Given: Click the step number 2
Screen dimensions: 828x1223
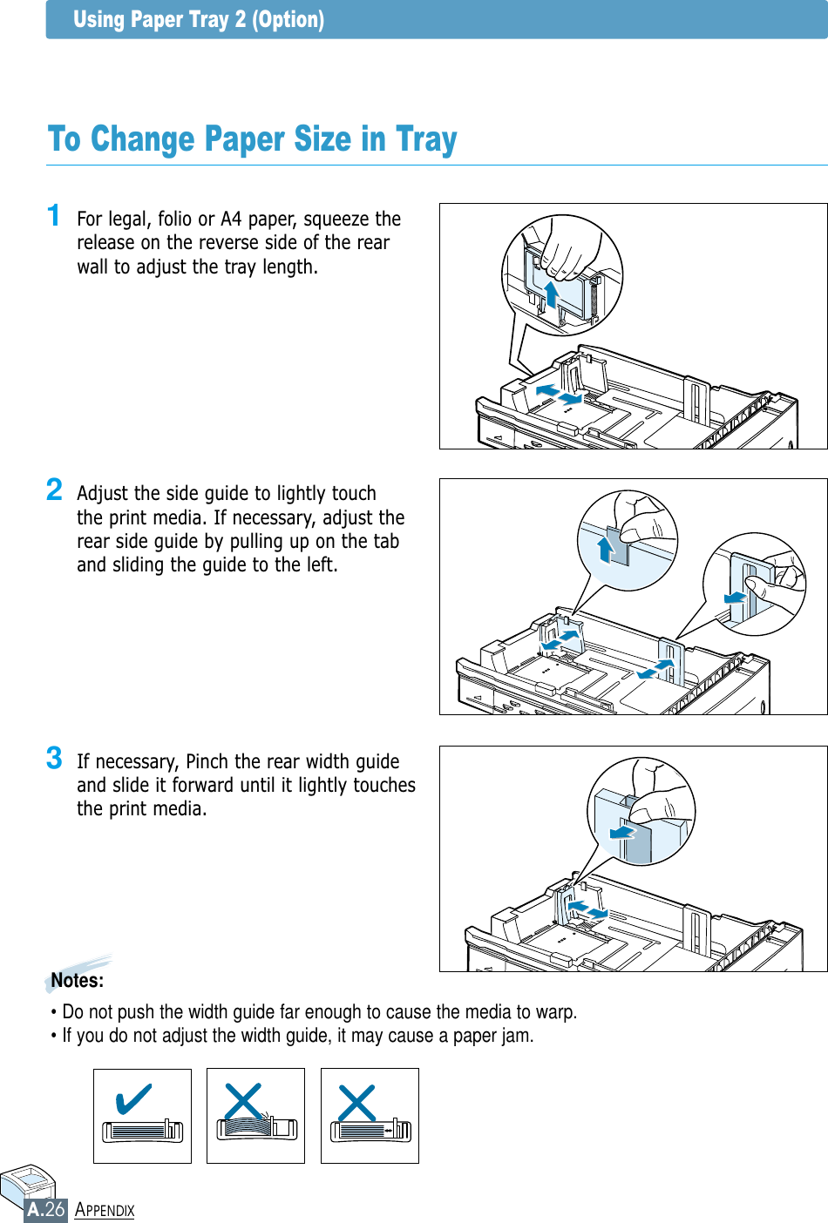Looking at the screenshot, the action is coord(54,490).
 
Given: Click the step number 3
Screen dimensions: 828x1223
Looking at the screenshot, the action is coord(54,758).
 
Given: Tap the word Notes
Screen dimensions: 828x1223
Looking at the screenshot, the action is coord(77,981).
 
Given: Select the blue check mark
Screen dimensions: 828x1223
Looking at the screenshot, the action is coord(133,1098).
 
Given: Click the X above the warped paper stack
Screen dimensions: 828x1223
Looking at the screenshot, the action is coord(243,1102).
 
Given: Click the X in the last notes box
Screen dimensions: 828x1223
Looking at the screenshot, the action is coord(356,1103).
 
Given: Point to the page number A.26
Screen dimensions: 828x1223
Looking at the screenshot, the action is coord(46,1209).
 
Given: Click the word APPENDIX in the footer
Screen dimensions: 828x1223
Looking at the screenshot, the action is coord(105,1210).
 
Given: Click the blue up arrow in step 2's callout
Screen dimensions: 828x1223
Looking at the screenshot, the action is coord(605,550).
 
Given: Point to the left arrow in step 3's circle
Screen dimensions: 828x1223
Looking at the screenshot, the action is coord(622,832).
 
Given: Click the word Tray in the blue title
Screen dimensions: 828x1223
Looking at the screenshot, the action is coord(426,139).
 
